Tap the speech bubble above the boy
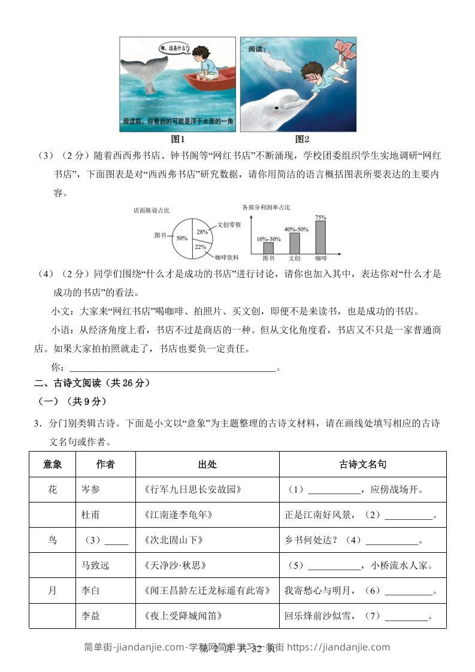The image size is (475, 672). point(174,48)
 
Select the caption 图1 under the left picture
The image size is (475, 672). point(178,140)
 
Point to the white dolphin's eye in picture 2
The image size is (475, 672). point(276,108)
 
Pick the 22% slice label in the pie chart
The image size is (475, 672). point(200,246)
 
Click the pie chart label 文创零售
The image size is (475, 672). point(229,224)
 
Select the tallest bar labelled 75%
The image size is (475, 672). point(321,237)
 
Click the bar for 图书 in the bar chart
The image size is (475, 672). point(268,247)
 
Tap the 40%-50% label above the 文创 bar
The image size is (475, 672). point(296,229)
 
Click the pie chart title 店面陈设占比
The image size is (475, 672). point(152,210)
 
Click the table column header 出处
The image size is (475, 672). point(207,464)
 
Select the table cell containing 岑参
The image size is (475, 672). point(91,489)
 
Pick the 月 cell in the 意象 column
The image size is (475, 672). point(53,591)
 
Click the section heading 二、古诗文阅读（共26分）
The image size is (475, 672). point(92,383)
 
